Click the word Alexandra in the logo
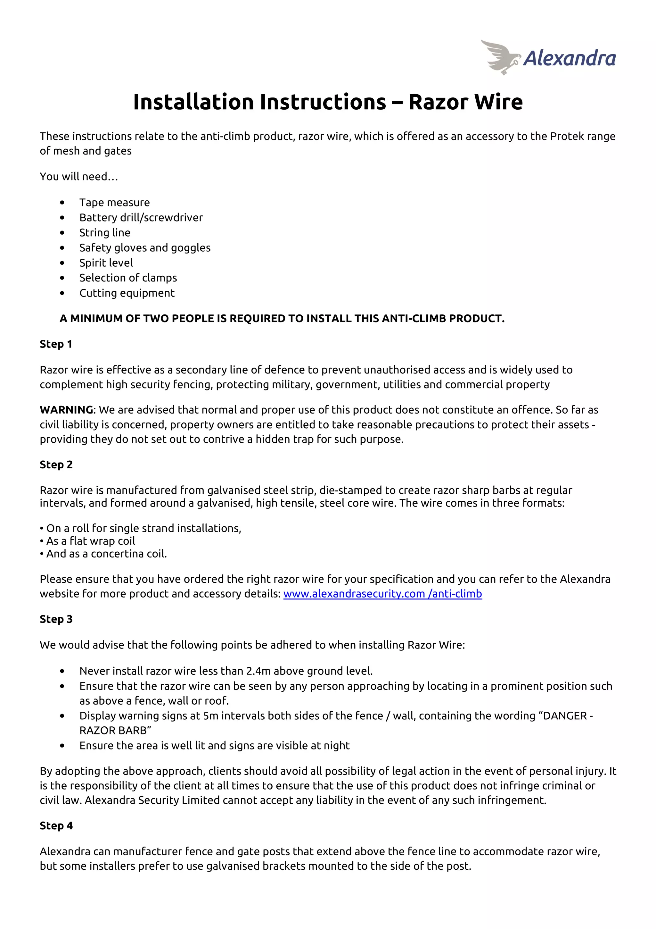click(569, 59)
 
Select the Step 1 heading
click(56, 344)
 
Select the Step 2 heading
click(56, 464)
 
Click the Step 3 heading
click(56, 619)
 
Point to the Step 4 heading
click(56, 825)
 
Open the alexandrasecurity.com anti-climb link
click(382, 594)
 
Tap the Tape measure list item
click(114, 202)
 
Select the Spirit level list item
click(106, 263)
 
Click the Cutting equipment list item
click(127, 293)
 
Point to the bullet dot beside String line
click(62, 233)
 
